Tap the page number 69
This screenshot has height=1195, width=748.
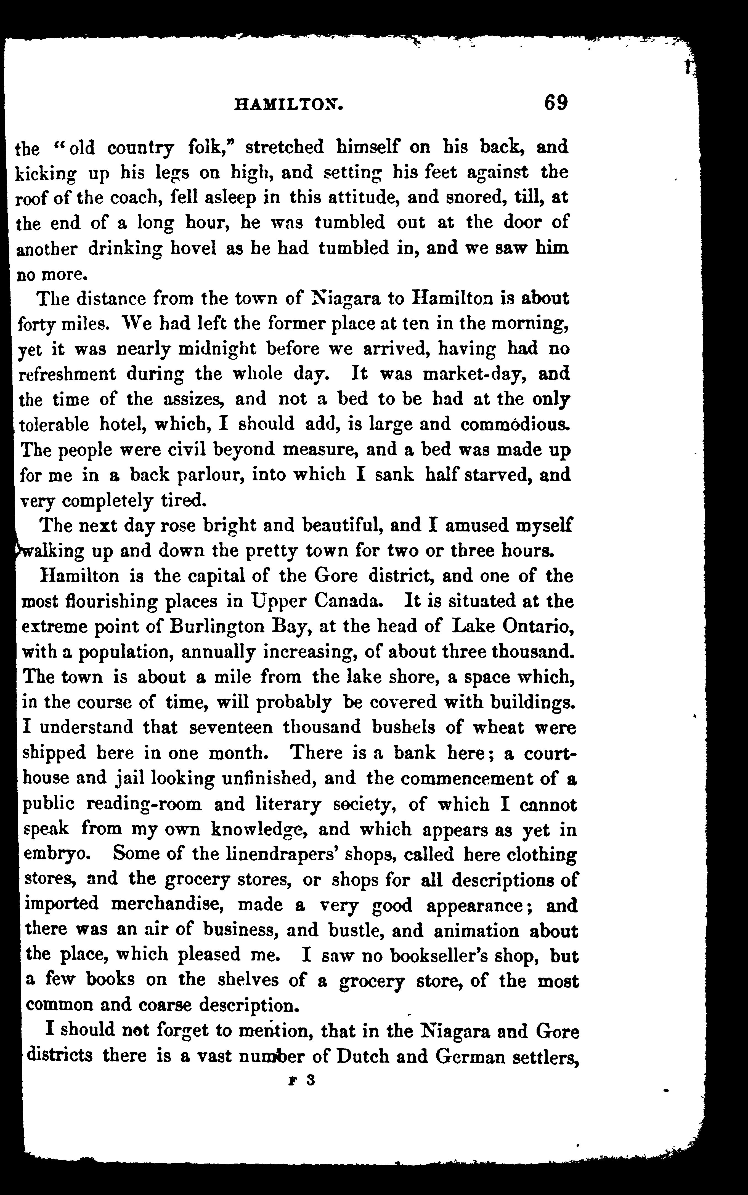556,103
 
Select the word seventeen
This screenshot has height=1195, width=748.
232,727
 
